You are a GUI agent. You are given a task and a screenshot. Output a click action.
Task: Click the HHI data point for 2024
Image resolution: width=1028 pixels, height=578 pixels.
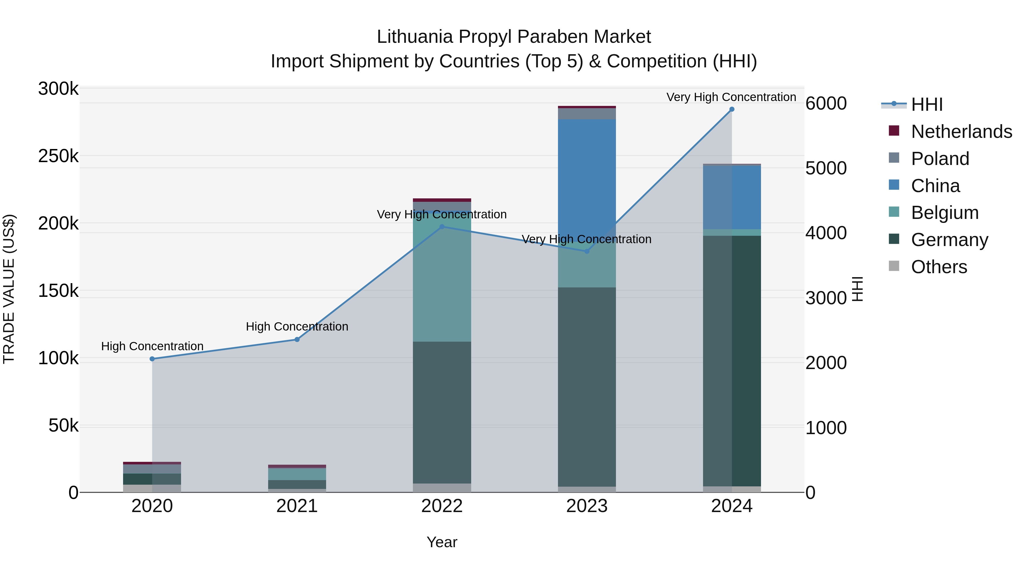click(x=732, y=109)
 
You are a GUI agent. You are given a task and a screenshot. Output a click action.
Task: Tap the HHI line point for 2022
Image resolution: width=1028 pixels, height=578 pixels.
click(x=442, y=227)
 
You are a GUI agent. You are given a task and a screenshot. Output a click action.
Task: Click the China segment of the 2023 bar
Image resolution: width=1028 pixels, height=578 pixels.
click(x=587, y=176)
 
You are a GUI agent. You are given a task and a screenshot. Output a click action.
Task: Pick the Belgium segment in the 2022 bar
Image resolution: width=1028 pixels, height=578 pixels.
click(x=442, y=279)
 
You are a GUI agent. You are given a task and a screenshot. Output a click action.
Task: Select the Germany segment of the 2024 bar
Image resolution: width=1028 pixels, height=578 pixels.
click(x=732, y=359)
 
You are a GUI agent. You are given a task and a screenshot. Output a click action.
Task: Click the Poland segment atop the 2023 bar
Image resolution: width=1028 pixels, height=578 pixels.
click(x=587, y=114)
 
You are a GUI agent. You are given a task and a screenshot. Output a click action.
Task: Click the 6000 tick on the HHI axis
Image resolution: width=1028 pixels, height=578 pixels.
click(x=826, y=104)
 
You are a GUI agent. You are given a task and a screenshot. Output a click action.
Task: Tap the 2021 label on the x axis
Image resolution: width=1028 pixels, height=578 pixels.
click(x=297, y=506)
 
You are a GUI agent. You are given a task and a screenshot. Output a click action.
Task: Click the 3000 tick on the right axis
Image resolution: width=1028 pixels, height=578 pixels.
click(x=826, y=298)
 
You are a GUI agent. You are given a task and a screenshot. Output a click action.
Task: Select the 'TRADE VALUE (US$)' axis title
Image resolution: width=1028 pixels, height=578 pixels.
click(x=9, y=289)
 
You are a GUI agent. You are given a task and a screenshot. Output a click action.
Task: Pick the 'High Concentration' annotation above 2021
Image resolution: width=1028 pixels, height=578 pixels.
click(x=297, y=327)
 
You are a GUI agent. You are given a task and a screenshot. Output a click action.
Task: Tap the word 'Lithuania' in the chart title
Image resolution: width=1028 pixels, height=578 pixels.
click(x=415, y=37)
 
